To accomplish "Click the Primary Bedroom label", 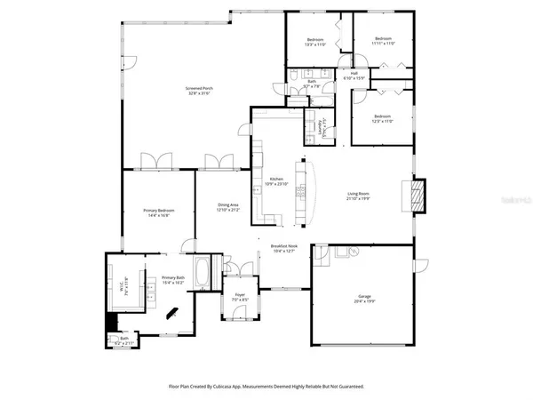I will pos(155,210).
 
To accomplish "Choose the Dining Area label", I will pos(228,205).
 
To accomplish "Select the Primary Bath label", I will pos(173,278).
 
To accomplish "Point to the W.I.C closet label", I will pos(125,283).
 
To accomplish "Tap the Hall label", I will pos(354,74).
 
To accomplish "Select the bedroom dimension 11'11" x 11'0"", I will pos(383,44).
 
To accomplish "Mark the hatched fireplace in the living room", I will pos(417,193).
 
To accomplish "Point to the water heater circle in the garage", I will pos(353,252).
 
